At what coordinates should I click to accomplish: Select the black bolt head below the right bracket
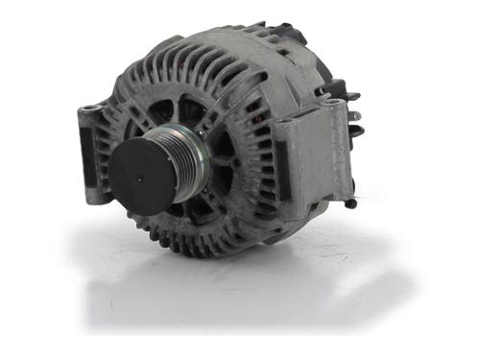coord(350,203)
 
